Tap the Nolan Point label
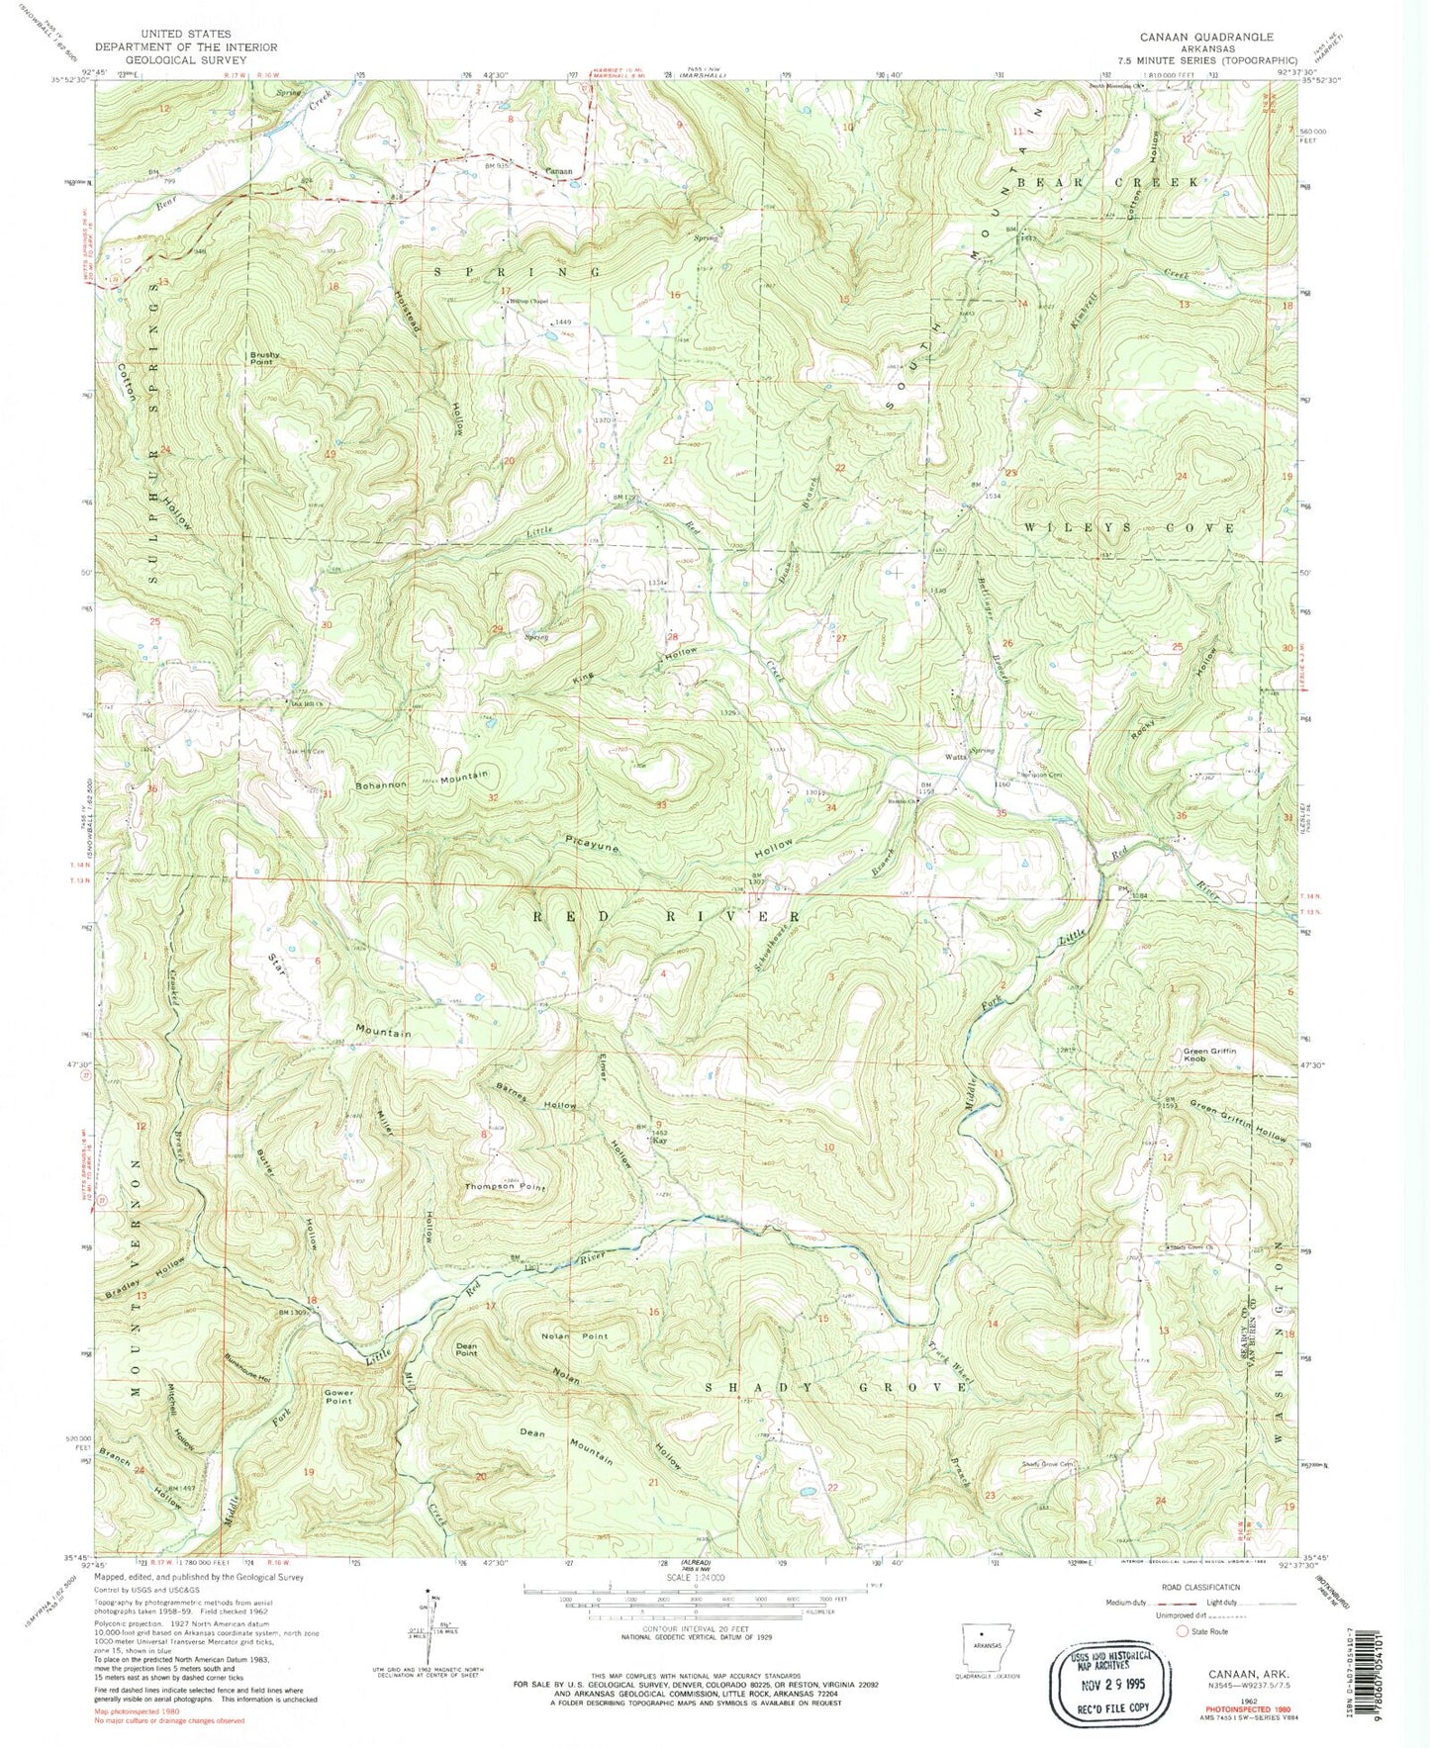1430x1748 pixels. (574, 1336)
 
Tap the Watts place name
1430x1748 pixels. (955, 758)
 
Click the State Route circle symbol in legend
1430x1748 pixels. (1181, 1630)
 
